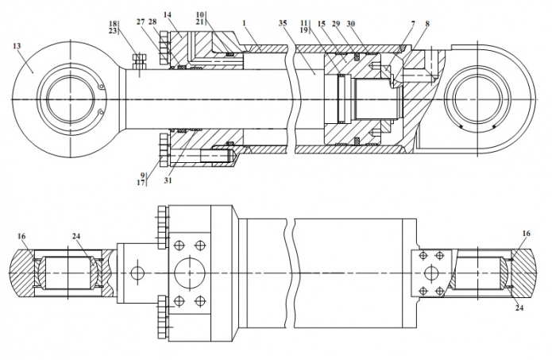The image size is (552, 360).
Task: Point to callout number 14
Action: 167,15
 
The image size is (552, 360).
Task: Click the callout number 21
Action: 201,21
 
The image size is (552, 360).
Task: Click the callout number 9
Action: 144,176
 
